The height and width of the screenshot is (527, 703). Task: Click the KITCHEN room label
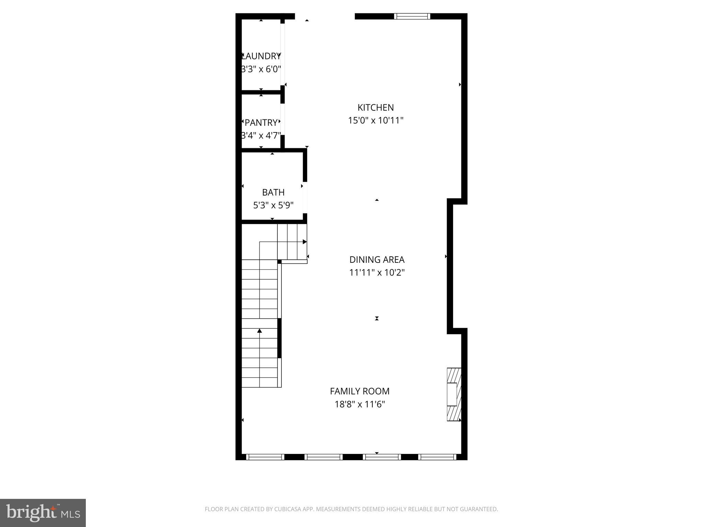tap(376, 107)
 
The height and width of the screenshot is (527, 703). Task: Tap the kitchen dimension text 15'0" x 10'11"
tap(376, 120)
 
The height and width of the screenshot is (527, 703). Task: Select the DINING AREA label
tap(377, 259)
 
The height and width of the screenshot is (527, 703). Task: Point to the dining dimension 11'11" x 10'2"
tap(377, 272)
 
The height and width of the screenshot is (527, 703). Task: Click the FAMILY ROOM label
tap(359, 391)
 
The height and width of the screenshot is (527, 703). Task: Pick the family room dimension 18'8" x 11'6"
tap(359, 404)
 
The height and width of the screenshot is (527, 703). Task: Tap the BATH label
tap(273, 192)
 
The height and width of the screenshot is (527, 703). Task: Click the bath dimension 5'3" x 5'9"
tap(273, 205)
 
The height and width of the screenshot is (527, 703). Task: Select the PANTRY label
tap(261, 122)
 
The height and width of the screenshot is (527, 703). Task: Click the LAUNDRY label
tap(261, 56)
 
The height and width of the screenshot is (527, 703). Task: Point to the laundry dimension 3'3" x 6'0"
tap(261, 69)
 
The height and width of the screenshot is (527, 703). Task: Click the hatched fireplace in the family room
tap(453, 394)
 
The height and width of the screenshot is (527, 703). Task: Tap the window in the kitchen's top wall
tap(412, 16)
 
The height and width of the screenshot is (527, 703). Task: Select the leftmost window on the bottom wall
tap(265, 457)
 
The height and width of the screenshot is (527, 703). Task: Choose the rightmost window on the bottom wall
tap(437, 457)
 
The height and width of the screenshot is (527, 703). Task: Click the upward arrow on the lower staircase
tap(260, 331)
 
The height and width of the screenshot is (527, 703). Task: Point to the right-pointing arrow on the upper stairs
tap(304, 242)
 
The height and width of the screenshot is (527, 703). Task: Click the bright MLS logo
tap(43, 513)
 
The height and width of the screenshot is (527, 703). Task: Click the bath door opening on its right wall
tap(305, 197)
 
